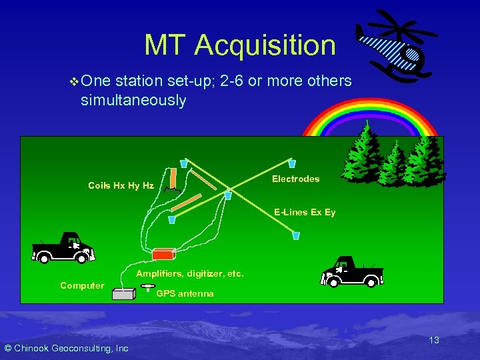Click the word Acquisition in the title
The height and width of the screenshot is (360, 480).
[x=265, y=45]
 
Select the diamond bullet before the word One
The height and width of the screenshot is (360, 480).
[x=73, y=81]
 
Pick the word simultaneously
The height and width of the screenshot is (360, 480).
[x=133, y=101]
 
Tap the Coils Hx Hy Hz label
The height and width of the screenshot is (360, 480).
[x=121, y=186]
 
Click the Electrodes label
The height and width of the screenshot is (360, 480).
[x=295, y=179]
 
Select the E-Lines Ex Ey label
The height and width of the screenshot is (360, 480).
[x=305, y=213]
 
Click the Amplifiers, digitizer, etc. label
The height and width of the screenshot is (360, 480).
[x=190, y=273]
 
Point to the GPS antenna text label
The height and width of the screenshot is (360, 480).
[x=185, y=293]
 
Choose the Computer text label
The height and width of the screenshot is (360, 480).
[x=82, y=285]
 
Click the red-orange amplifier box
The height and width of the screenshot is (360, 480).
[x=163, y=254]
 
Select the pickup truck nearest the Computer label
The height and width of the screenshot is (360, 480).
[x=64, y=248]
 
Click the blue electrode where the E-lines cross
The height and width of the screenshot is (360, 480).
[x=228, y=195]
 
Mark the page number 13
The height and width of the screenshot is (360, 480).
[x=433, y=340]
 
